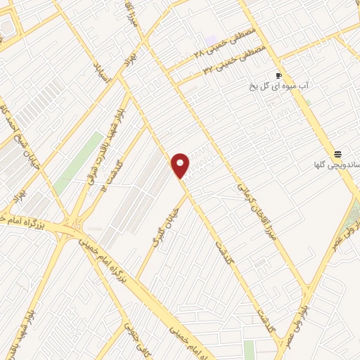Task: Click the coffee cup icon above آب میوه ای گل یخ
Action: pos(279,75)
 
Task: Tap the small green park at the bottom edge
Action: pos(250,349)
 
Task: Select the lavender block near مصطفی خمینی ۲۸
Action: pos(211,41)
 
